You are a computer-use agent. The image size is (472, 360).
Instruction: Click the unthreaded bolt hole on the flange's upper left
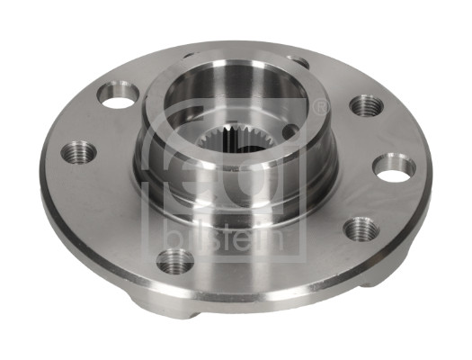coord(118,94)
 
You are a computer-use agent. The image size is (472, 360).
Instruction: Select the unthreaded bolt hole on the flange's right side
coord(394,167)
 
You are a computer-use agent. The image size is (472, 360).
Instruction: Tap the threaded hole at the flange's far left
coord(78,152)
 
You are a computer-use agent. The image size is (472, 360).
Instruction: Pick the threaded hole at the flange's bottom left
coord(175,262)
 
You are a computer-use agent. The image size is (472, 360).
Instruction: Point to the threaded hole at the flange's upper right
coord(366,106)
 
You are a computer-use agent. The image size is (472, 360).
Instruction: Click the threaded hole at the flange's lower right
coord(361,229)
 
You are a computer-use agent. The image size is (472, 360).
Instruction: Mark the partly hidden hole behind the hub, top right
coord(298,61)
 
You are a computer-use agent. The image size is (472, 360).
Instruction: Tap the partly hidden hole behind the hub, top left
coord(190,55)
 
